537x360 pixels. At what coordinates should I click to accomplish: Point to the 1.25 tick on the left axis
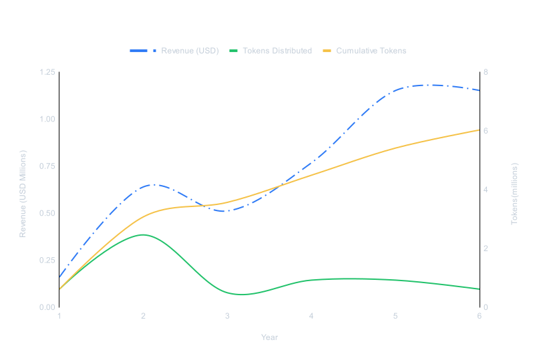click(47, 72)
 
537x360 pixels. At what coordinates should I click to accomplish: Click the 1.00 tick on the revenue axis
click(47, 119)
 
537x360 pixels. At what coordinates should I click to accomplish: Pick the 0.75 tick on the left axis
click(47, 166)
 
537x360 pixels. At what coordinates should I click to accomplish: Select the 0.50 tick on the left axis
click(47, 213)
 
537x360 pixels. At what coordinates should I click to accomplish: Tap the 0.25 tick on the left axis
click(47, 260)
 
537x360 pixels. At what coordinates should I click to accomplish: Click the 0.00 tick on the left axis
click(47, 307)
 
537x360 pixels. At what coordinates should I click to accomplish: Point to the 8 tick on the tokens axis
click(486, 72)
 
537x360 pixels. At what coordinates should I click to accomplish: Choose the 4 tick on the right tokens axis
click(486, 190)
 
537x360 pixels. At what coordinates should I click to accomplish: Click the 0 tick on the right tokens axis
click(486, 307)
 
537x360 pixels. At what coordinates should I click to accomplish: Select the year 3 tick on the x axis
click(227, 316)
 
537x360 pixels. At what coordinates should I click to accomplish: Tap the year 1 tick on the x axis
click(59, 316)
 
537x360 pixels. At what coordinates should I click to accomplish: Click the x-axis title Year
click(269, 337)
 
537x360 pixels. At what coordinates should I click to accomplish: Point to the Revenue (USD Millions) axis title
click(23, 194)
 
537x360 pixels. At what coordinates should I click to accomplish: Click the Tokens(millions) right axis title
click(515, 193)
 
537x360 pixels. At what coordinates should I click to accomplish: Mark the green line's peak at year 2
click(142, 234)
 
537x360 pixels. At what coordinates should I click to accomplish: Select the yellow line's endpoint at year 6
click(480, 130)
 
